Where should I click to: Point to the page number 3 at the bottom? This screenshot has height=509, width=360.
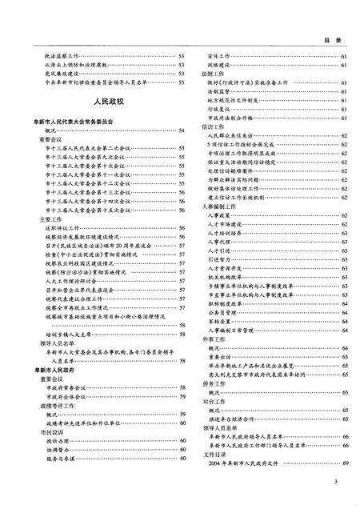(337, 480)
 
